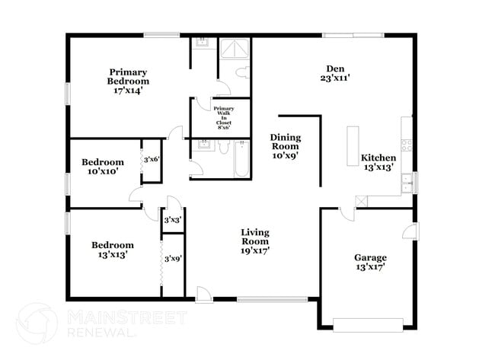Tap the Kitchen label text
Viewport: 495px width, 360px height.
[378, 163]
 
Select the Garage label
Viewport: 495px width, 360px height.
[369, 262]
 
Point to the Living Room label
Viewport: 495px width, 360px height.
[255, 241]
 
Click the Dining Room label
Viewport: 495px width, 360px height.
[285, 145]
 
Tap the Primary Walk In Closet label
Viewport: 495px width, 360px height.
[223, 118]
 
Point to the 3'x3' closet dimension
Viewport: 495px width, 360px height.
[172, 220]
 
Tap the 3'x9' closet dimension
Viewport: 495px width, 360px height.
[172, 259]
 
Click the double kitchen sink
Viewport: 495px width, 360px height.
[407, 183]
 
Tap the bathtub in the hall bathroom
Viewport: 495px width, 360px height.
[241, 159]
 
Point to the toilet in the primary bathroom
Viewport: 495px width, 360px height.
[241, 73]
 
